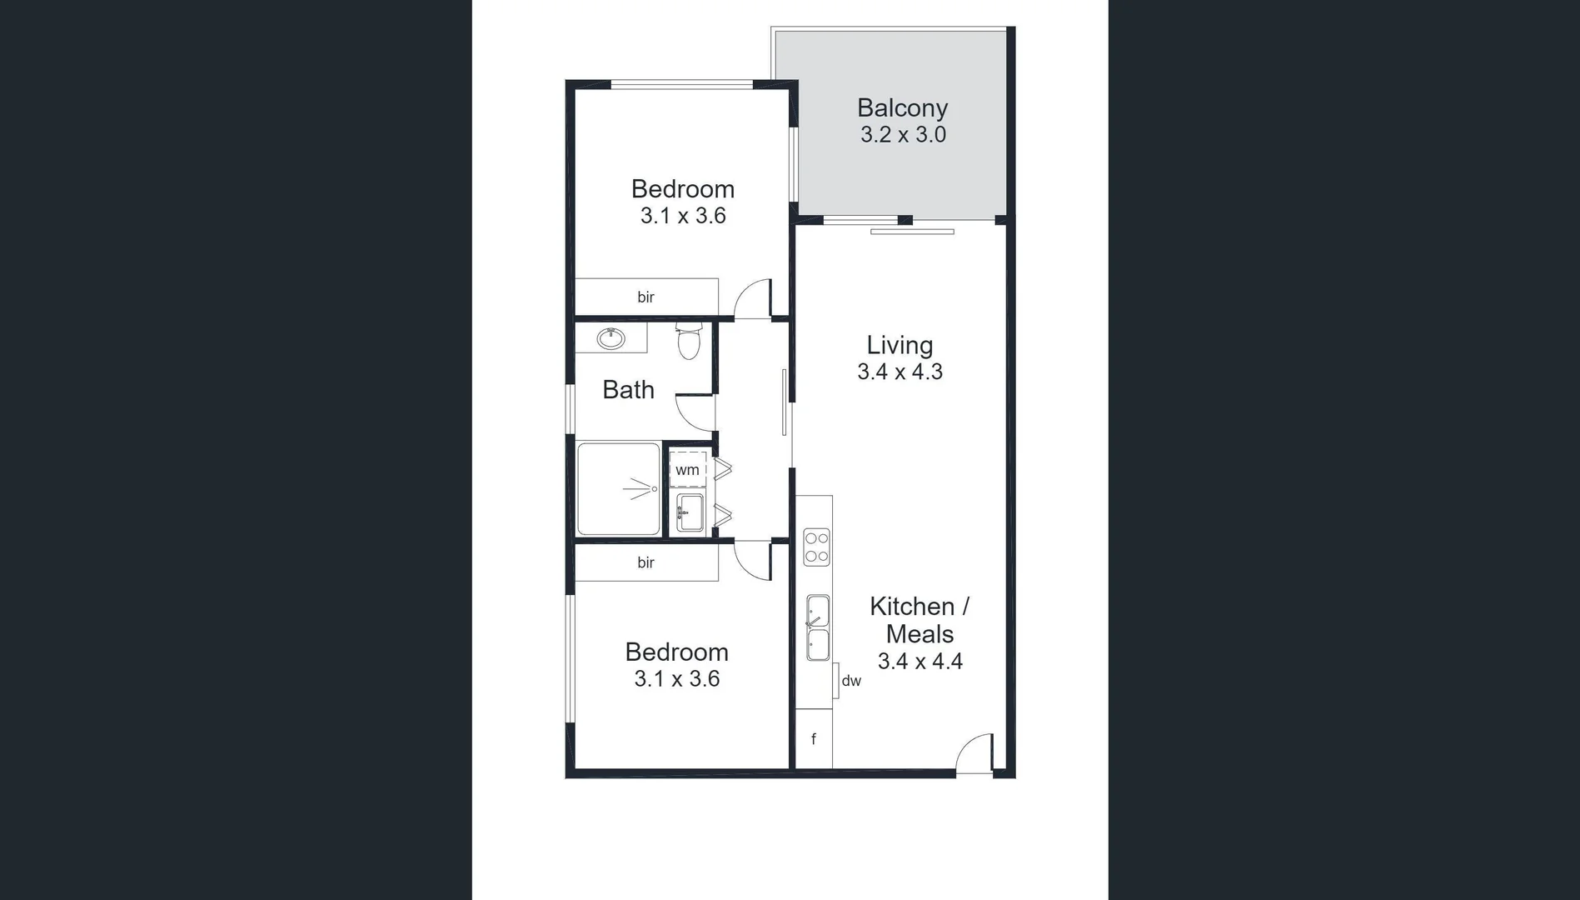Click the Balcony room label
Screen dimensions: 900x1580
(x=902, y=108)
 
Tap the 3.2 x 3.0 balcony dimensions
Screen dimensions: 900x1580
(x=903, y=135)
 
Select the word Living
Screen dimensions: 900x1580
(x=900, y=345)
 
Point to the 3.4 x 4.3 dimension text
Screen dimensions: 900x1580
(x=900, y=372)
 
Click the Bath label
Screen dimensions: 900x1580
(x=628, y=390)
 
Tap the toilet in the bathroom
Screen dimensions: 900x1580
(x=689, y=342)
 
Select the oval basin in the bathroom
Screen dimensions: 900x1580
(x=611, y=338)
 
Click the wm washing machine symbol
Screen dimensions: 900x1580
(x=687, y=470)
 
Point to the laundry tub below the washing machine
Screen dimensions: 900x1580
(x=690, y=512)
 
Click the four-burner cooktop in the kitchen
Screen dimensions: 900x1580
(x=816, y=547)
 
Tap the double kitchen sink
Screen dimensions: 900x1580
(x=818, y=627)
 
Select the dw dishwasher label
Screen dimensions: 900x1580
(x=851, y=682)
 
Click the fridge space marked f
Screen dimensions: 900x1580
(x=814, y=739)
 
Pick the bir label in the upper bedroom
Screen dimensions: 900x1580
(x=645, y=297)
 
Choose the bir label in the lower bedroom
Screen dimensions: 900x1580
(x=645, y=563)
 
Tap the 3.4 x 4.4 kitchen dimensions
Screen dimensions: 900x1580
(x=920, y=662)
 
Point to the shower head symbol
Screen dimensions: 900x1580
(x=640, y=489)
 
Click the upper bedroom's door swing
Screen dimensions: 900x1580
(x=754, y=298)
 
